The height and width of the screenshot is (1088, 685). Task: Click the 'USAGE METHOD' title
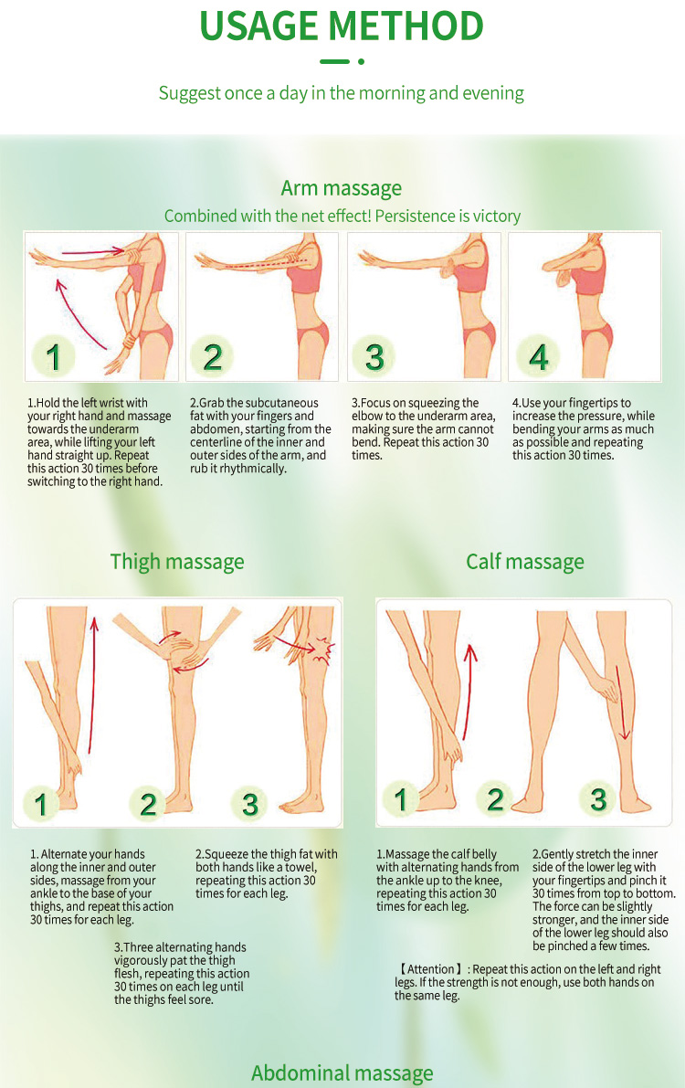(342, 26)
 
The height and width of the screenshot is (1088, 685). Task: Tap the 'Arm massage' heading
(342, 188)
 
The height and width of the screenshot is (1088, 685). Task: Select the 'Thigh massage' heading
(177, 561)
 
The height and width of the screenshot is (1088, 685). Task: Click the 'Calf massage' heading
(524, 561)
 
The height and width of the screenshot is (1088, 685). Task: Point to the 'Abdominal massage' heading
(342, 1072)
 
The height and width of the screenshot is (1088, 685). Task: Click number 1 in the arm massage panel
(53, 356)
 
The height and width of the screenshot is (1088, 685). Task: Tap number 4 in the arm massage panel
(539, 356)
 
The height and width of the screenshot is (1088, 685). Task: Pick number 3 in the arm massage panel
(374, 356)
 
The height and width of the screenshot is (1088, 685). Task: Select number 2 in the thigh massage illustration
(148, 804)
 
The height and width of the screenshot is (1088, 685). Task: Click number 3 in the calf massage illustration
(598, 799)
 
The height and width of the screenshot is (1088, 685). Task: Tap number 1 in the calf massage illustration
(400, 799)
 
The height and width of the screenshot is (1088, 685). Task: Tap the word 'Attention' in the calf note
(430, 969)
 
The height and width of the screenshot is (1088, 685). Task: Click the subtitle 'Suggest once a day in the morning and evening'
(342, 93)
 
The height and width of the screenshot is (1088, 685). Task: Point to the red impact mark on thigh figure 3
(323, 650)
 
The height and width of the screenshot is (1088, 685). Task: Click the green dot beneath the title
(361, 62)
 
